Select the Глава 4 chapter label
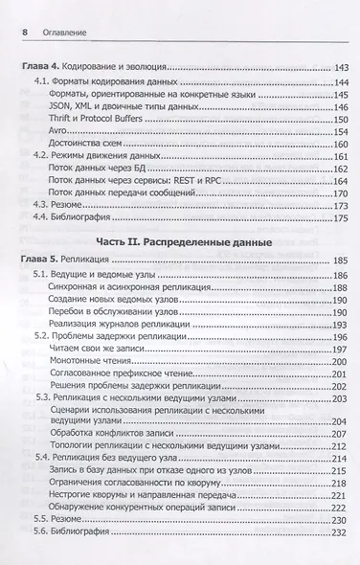tap(42, 70)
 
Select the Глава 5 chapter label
tap(42, 262)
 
